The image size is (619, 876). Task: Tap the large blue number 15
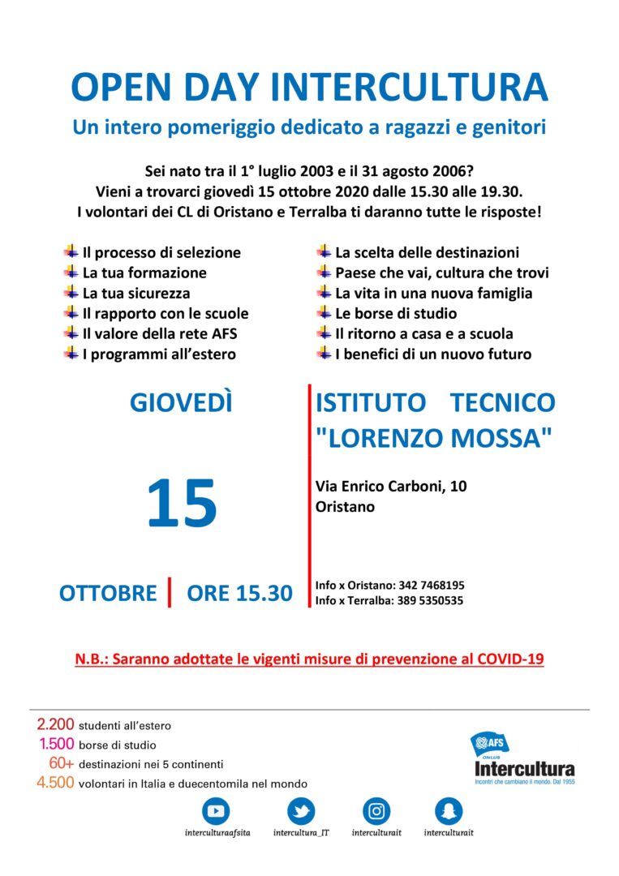point(182,504)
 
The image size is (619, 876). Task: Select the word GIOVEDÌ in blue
point(181,402)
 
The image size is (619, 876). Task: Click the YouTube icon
point(217,810)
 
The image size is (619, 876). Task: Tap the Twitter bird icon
point(301,810)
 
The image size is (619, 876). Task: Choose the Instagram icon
point(376,810)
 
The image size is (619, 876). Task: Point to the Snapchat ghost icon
point(449,810)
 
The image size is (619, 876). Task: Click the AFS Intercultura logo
point(524,758)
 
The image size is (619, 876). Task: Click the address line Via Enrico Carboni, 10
point(391,486)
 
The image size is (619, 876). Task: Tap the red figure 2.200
point(55,724)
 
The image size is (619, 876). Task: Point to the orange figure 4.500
point(55,783)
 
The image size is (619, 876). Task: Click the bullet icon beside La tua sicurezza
point(71,293)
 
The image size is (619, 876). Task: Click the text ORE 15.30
point(239,593)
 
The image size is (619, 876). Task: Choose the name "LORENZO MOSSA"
point(434,438)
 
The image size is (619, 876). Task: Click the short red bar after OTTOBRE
point(170,592)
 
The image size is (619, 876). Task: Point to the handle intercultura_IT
point(300,833)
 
